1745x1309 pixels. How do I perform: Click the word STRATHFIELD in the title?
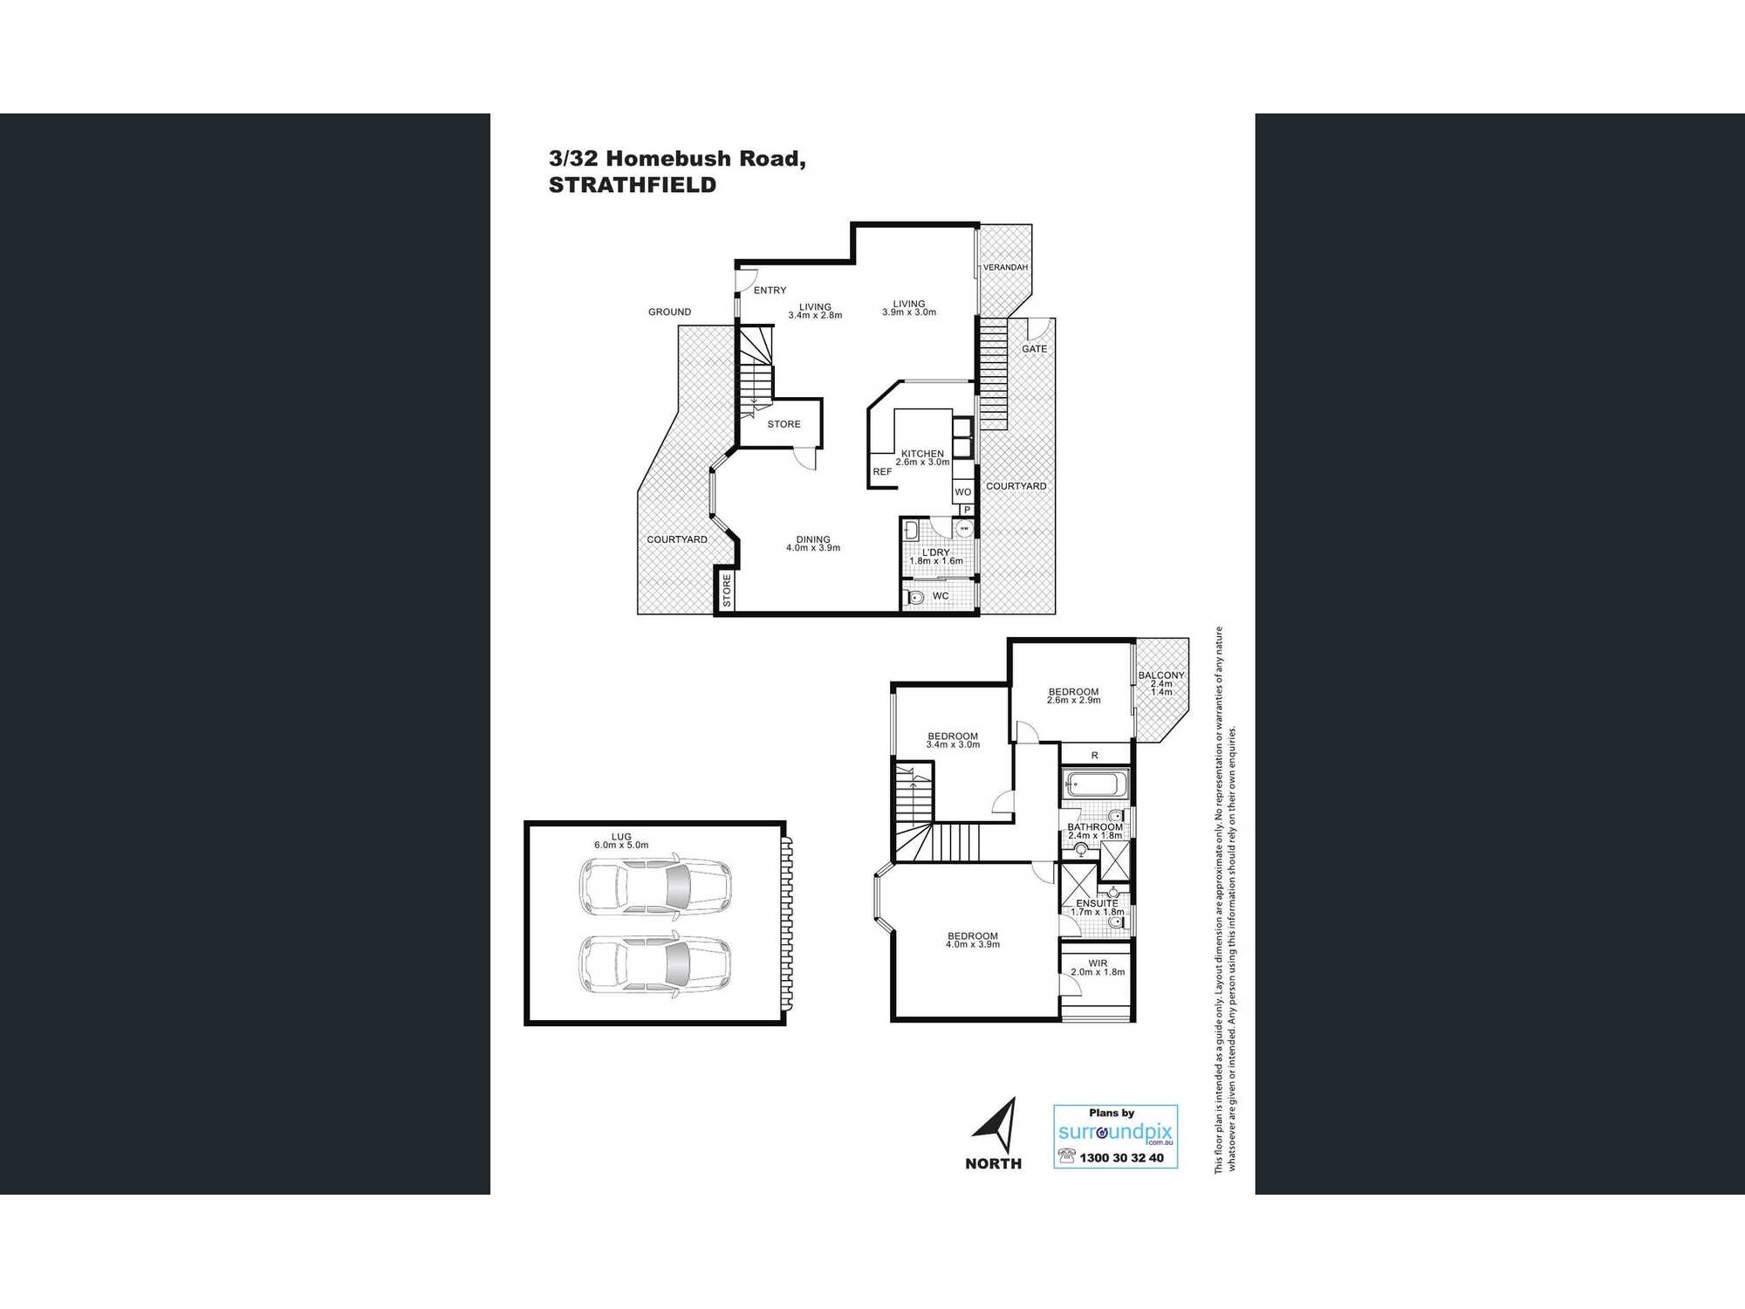point(633,185)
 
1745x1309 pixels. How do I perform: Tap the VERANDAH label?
point(1005,267)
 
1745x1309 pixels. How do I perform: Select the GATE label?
point(1035,349)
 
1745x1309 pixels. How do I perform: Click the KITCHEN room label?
point(922,454)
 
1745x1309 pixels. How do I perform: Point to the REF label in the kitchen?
point(882,472)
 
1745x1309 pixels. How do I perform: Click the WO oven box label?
point(962,492)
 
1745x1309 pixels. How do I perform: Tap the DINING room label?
point(813,539)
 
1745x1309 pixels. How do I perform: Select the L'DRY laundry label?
point(936,552)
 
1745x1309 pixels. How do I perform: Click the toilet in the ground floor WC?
point(914,598)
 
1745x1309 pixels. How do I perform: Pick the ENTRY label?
point(770,291)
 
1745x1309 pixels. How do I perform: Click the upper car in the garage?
point(655,886)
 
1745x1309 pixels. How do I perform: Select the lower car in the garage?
point(655,964)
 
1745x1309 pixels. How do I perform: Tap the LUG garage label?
point(621,837)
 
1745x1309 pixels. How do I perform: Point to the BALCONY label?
point(1161,675)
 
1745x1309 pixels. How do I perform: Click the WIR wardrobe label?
point(1098,963)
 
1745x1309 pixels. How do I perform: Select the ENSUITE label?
point(1097,903)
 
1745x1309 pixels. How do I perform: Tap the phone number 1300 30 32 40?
point(1121,1158)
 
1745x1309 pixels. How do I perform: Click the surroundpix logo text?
point(1115,1133)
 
